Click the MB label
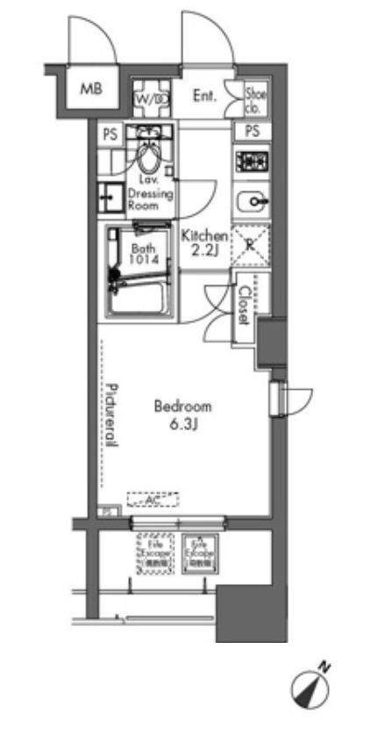click(x=91, y=89)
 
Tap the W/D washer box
click(x=150, y=98)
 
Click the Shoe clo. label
click(x=255, y=97)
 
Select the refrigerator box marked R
click(x=253, y=243)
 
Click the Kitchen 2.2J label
click(x=204, y=244)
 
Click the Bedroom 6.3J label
click(x=182, y=415)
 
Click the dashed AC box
click(x=152, y=499)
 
